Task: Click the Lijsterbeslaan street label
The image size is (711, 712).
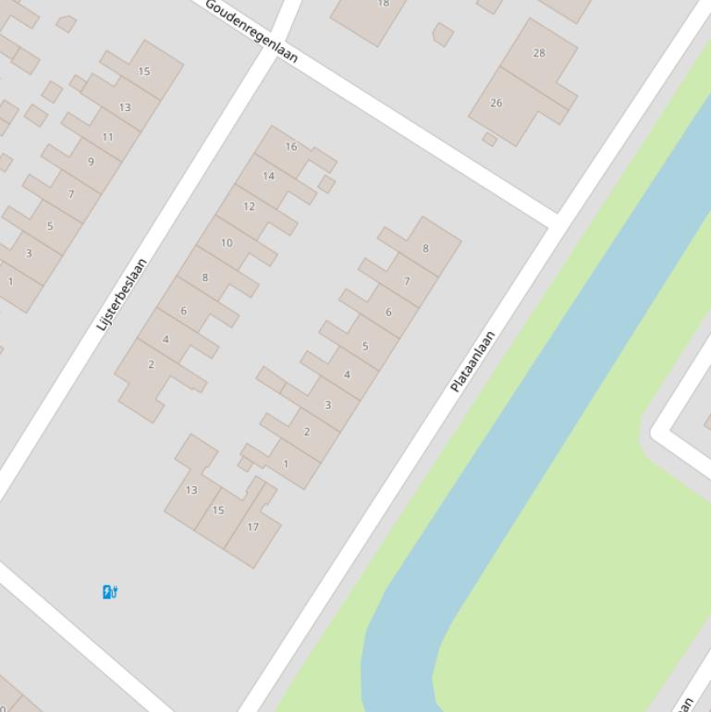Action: pos(121,295)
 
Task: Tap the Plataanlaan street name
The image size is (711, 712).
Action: pos(472,362)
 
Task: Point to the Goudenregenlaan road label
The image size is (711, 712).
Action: pos(251,31)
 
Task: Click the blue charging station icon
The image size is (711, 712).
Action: pos(109,592)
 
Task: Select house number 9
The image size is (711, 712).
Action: pos(91,162)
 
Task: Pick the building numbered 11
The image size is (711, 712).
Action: pos(108,137)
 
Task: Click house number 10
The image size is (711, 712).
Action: pos(227,243)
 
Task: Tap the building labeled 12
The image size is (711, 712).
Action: pos(249,206)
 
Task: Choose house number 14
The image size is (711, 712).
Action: pos(269,176)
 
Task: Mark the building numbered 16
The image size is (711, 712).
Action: pos(291,146)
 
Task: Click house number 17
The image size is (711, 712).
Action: pos(252,527)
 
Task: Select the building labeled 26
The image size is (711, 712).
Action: pos(496,103)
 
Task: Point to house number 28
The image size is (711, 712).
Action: pos(539,53)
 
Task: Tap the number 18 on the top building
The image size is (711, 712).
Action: pos(383,5)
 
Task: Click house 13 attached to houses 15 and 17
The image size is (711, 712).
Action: pos(191,490)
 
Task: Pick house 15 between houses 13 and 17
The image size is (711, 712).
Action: pos(218,509)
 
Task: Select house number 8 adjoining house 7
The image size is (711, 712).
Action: pos(425,248)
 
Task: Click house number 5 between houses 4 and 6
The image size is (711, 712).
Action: pos(365,346)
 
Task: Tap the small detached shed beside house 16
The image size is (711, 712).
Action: pos(326,184)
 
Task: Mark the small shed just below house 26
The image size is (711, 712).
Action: pos(490,140)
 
